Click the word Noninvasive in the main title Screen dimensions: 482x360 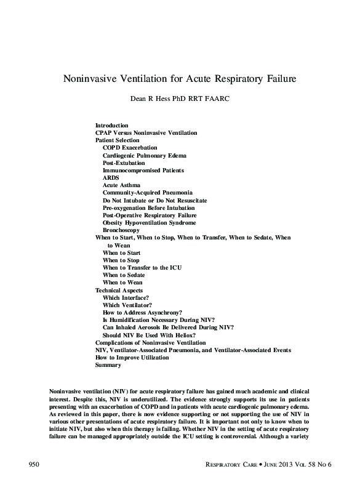tap(97, 79)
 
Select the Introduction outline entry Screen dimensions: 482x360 tap(112, 125)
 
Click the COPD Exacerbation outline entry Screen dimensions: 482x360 tap(130, 148)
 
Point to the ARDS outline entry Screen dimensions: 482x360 tap(111, 177)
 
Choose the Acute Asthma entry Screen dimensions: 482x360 tap(121, 185)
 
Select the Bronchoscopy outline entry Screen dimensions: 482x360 tap(121, 230)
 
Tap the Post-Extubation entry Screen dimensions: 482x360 tap(124, 163)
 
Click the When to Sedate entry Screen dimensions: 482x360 tap(124, 275)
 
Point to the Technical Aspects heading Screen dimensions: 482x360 tap(119, 290)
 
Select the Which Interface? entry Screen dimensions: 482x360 tap(126, 297)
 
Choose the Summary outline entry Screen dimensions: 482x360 tap(108, 364)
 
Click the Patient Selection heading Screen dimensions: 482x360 tap(118, 140)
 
